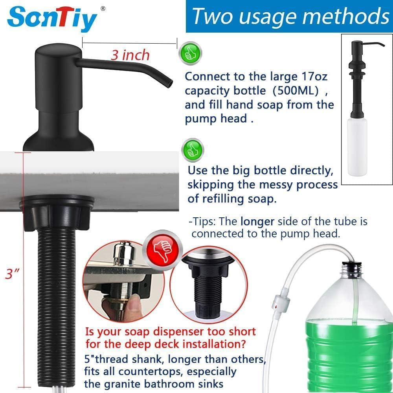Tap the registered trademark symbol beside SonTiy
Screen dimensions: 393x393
[x=103, y=8]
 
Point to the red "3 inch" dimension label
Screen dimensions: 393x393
[x=130, y=55]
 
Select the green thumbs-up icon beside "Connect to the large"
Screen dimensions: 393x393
[x=190, y=54]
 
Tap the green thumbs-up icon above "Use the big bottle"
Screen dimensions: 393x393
[x=193, y=150]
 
